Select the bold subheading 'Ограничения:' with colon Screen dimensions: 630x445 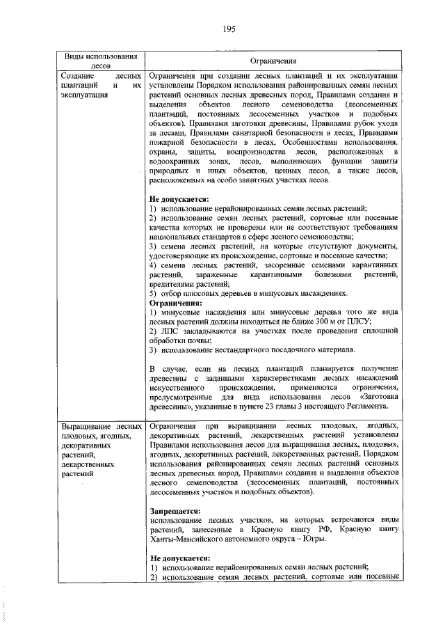177,303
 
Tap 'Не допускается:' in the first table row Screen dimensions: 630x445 179,199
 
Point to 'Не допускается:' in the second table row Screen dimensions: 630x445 179,558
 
